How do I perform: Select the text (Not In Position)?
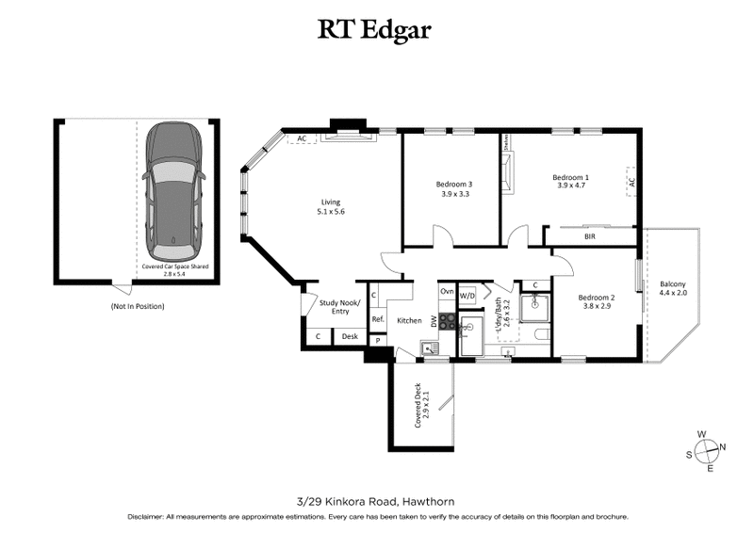(x=138, y=306)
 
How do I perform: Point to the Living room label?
(x=331, y=202)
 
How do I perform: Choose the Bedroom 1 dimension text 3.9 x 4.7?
(x=570, y=186)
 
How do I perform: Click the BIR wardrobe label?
(x=589, y=237)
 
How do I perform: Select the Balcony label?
(x=673, y=284)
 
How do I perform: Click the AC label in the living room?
(x=302, y=139)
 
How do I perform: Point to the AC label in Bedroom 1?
(x=631, y=181)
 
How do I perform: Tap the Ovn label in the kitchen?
(x=447, y=292)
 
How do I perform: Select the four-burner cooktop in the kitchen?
(x=447, y=322)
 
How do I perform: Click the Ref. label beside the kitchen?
(x=376, y=319)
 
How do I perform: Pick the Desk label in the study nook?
(x=349, y=336)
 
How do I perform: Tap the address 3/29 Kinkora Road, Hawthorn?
(x=376, y=500)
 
